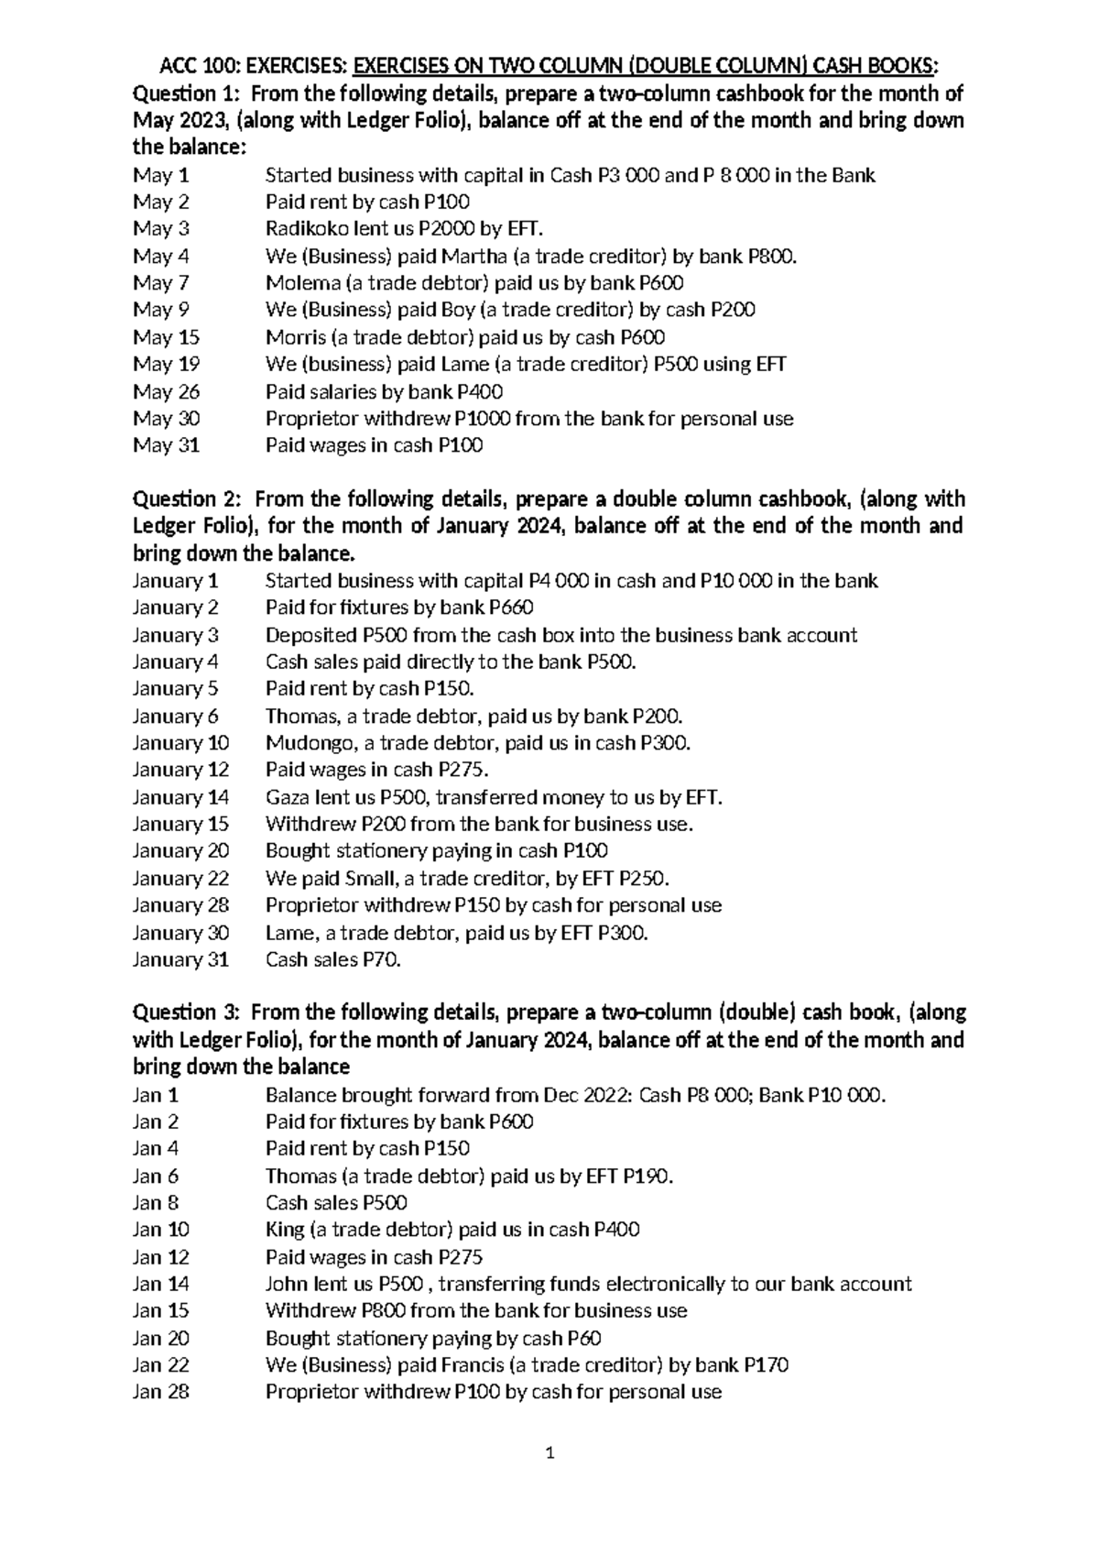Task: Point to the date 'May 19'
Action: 166,365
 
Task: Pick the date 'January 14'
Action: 180,797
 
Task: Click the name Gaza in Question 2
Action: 286,797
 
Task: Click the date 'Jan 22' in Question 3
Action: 160,1365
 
